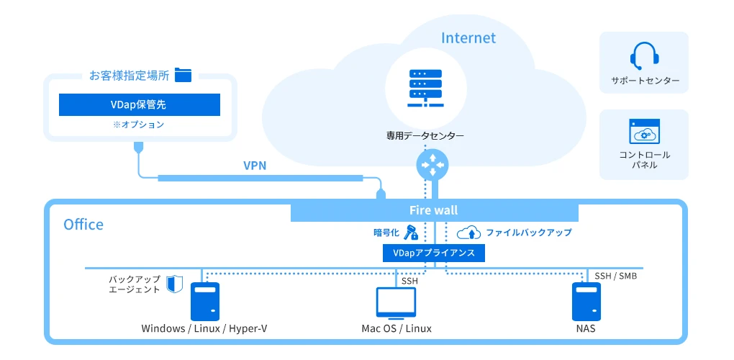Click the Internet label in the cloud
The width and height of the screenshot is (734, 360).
coord(468,37)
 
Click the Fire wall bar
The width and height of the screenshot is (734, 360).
coord(434,210)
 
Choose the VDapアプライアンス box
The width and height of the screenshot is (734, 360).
coord(434,253)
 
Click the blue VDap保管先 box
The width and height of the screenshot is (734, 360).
coord(139,105)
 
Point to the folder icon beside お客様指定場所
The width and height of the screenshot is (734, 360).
coord(183,75)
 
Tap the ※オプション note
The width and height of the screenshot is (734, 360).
coord(139,125)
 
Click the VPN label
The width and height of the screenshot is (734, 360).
coord(255,166)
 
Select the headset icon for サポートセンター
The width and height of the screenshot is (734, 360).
coord(643,55)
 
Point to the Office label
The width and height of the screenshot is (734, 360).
coord(83,225)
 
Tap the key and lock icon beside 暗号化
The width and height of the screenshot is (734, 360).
coord(411,232)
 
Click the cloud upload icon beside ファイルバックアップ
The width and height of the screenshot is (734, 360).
coord(468,232)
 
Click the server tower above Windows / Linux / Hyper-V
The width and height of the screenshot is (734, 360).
coord(205,302)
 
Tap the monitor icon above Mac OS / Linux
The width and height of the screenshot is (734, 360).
coord(396,303)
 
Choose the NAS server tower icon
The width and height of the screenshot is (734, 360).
coord(586,302)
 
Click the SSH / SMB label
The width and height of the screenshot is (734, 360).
coord(615,276)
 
